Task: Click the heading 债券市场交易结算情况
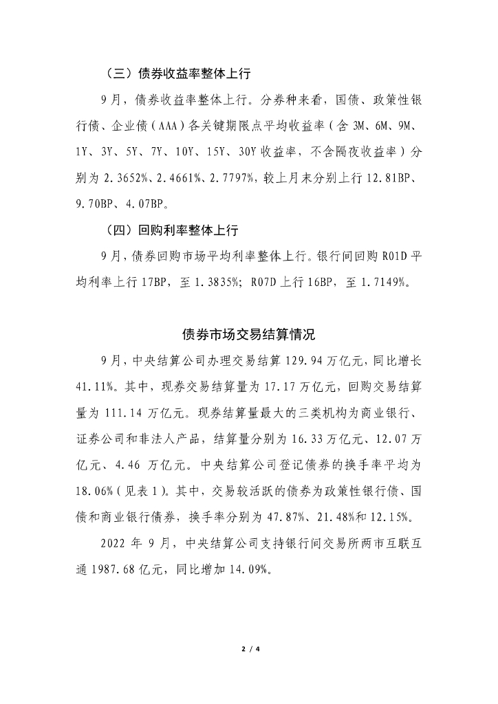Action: (x=248, y=335)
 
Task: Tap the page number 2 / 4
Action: (x=248, y=648)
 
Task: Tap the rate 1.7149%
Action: (x=381, y=282)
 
